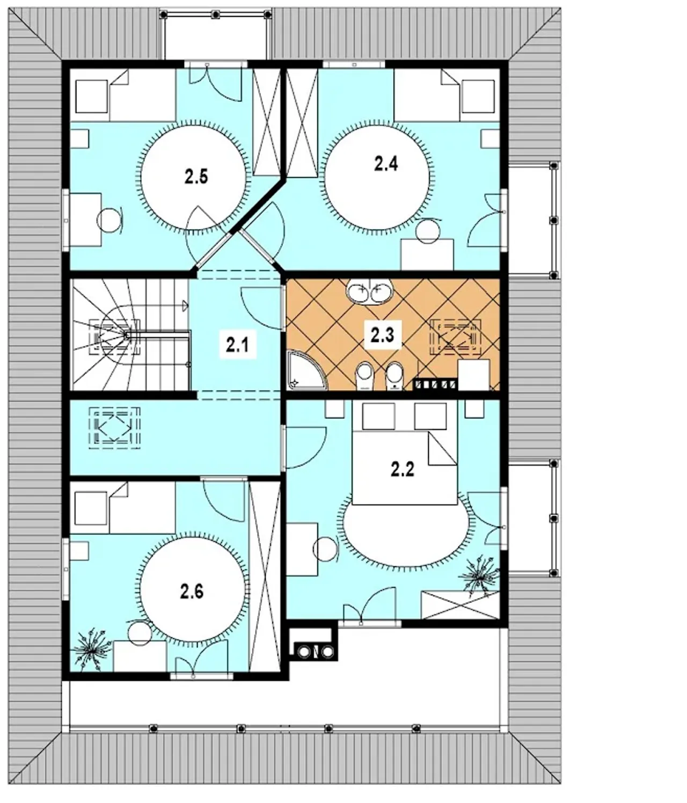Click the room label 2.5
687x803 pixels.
click(x=196, y=177)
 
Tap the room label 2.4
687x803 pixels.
click(x=386, y=164)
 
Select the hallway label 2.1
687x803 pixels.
click(x=237, y=344)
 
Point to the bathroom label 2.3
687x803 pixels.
click(x=383, y=335)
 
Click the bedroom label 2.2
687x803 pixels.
click(x=403, y=469)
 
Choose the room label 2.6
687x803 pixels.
click(x=192, y=592)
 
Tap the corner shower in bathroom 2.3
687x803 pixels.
click(x=306, y=370)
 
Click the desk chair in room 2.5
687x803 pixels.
click(x=109, y=220)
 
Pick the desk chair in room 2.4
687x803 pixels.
click(x=428, y=231)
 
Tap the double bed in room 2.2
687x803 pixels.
click(x=404, y=453)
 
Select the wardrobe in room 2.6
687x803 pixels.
click(x=265, y=577)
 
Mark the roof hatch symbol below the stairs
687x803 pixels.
click(x=114, y=428)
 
